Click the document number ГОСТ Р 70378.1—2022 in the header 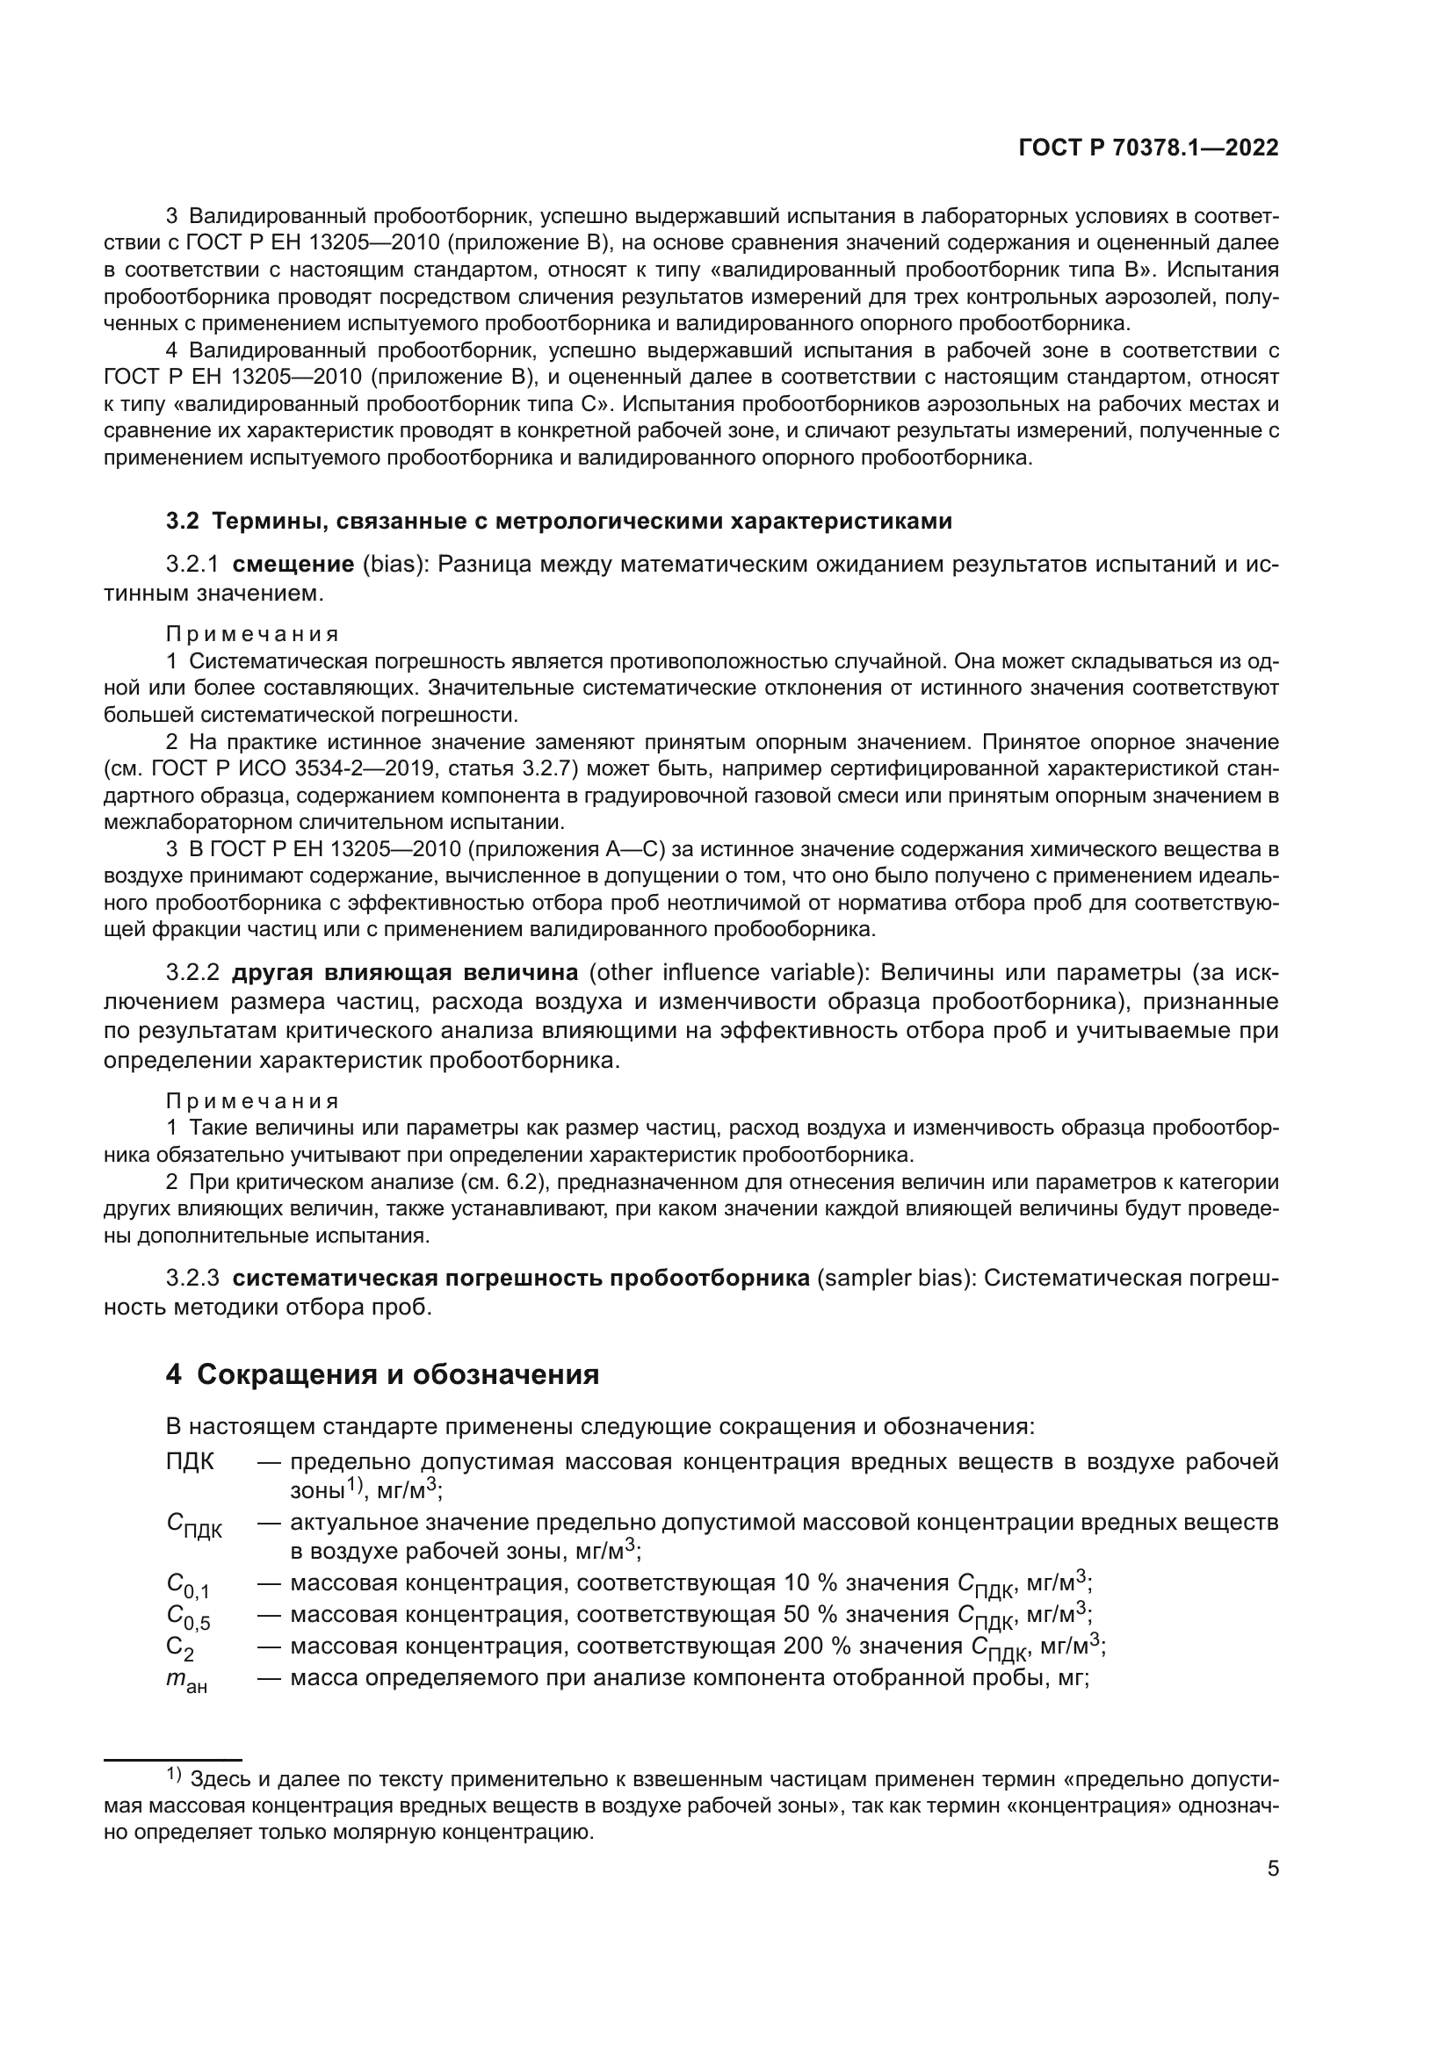coord(1148,148)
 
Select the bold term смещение coord(293,565)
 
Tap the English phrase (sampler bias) coord(894,1279)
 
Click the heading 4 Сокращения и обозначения coord(382,1374)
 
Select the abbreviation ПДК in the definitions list coord(190,1461)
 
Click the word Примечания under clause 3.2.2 coord(253,1100)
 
